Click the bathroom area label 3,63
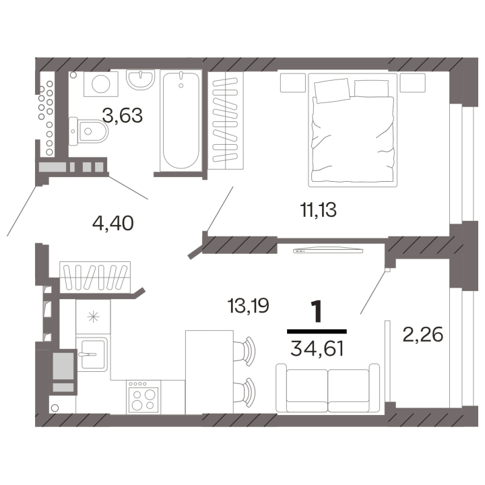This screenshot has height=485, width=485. (123, 115)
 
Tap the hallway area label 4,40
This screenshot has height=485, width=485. (113, 223)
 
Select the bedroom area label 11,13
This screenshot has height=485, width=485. (318, 209)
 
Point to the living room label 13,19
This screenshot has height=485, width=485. (248, 306)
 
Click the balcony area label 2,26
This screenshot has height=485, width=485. (423, 334)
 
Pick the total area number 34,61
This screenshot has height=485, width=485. (317, 349)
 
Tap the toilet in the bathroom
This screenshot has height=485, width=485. (88, 131)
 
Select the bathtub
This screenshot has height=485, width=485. (181, 121)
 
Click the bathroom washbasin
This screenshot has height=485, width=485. (140, 79)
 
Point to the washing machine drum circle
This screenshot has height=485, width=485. (101, 84)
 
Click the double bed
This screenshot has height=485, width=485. (352, 130)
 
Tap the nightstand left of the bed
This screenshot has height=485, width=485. (293, 83)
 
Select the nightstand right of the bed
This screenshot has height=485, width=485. (412, 83)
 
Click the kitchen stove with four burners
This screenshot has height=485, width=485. (143, 397)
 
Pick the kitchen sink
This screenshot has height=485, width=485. (92, 354)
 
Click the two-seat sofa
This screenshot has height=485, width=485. (327, 388)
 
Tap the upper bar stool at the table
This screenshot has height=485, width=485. (245, 352)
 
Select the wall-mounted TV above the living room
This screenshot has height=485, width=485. (328, 250)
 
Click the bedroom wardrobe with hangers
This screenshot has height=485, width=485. (226, 121)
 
